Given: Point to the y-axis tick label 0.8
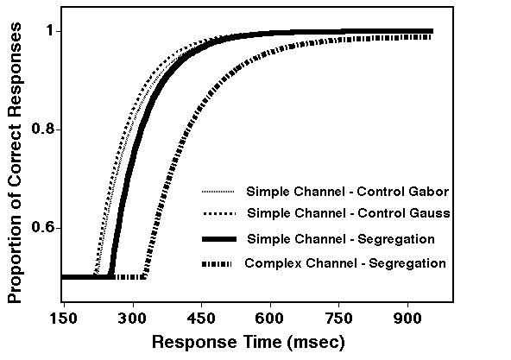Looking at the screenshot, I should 43,129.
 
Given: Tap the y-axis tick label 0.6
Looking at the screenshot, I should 43,228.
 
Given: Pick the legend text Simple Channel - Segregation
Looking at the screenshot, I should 339,237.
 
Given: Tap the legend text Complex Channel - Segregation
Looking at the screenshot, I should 345,262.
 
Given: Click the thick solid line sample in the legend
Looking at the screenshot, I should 218,238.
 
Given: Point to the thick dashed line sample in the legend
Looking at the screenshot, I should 218,262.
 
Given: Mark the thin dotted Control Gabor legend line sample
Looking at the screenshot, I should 218,191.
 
